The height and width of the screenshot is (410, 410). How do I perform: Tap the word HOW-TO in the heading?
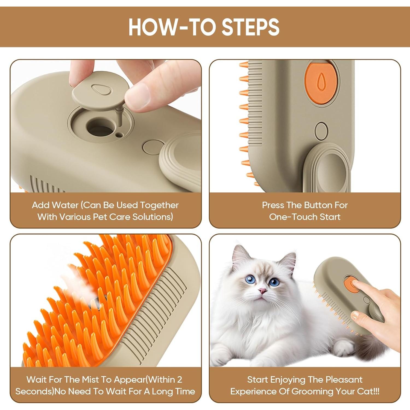click(172, 27)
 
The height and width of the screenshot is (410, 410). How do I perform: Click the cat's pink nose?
click(263, 291)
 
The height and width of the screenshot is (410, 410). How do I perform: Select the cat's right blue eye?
click(274, 282)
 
